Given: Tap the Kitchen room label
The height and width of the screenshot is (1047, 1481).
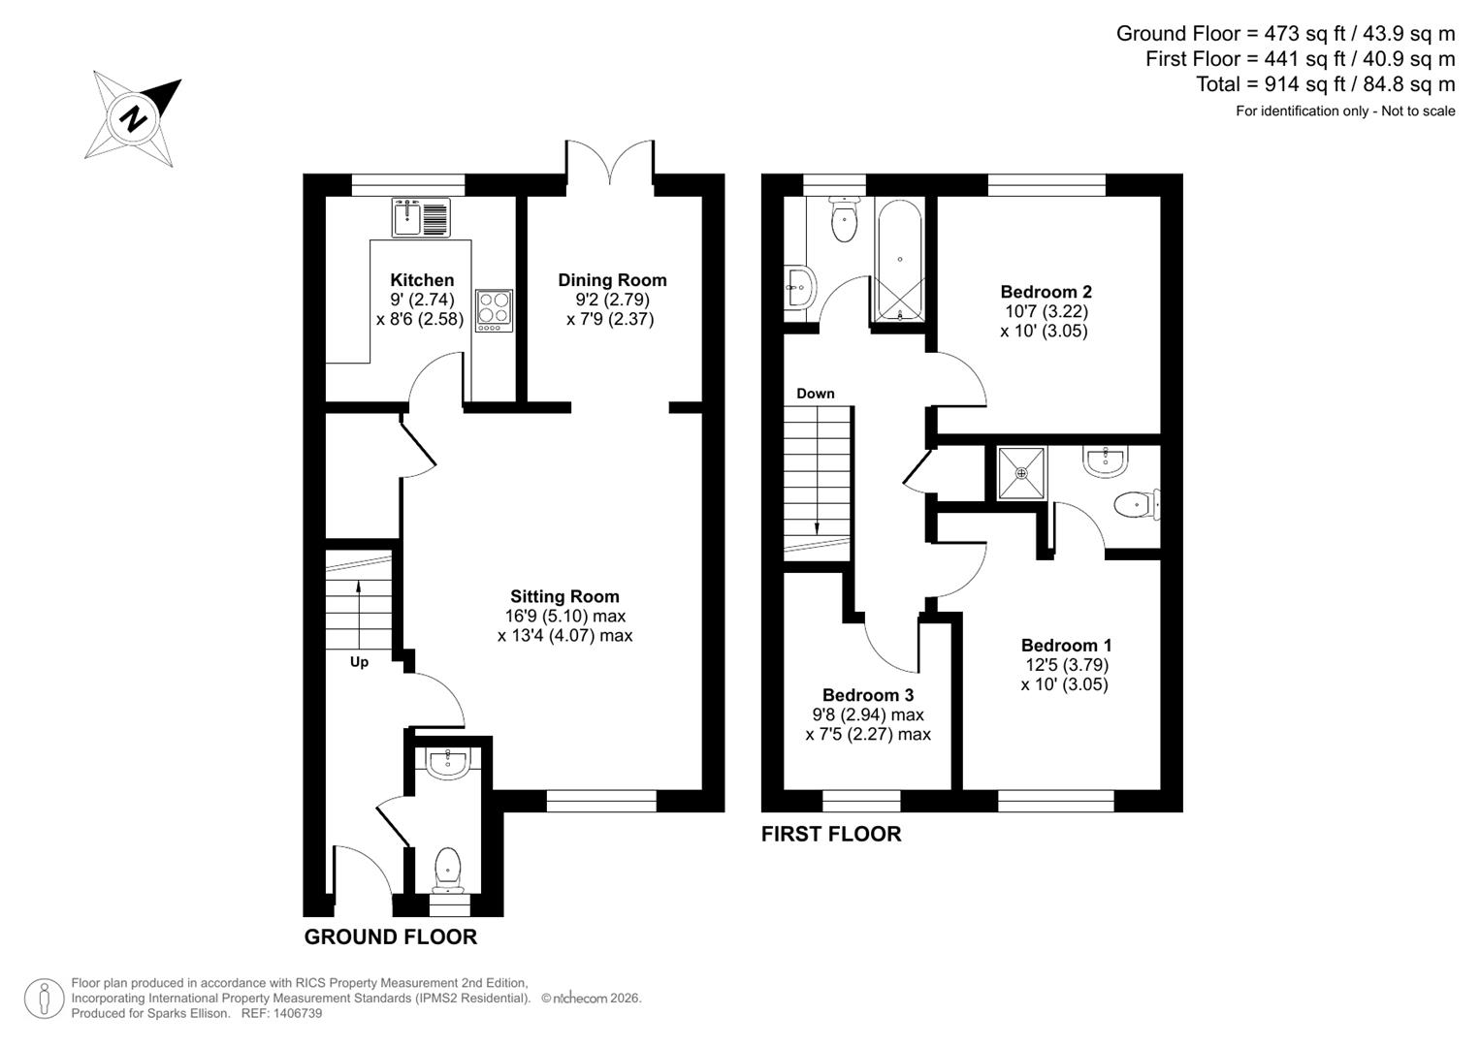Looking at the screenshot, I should pyautogui.click(x=422, y=280).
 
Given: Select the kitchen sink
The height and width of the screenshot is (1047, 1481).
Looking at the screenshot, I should pyautogui.click(x=421, y=217).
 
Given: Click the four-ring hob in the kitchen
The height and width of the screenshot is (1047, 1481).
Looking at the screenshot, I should pyautogui.click(x=494, y=310).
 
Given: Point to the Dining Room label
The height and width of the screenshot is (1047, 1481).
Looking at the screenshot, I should pyautogui.click(x=612, y=280).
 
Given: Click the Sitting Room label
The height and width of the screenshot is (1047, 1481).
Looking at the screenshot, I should pyautogui.click(x=564, y=596).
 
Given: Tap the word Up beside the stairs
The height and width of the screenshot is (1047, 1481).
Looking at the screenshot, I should pyautogui.click(x=359, y=662).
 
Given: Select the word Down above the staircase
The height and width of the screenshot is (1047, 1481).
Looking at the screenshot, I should pyautogui.click(x=815, y=394).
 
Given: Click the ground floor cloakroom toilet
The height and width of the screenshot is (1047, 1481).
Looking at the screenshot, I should pyautogui.click(x=448, y=869).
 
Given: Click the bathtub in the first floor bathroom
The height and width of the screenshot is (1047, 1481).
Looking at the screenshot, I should pyautogui.click(x=901, y=260).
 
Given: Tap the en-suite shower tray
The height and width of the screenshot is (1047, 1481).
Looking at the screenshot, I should pyautogui.click(x=1022, y=473).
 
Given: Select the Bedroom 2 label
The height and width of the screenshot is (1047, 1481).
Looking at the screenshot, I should pyautogui.click(x=1046, y=292).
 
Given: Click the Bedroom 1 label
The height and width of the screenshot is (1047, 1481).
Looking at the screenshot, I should pyautogui.click(x=1066, y=646).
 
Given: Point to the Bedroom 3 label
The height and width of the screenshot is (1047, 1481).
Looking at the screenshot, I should pyautogui.click(x=867, y=695).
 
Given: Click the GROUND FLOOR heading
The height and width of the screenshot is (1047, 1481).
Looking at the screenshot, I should pyautogui.click(x=391, y=936).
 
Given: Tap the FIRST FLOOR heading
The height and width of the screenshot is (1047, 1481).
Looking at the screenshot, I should pyautogui.click(x=831, y=834).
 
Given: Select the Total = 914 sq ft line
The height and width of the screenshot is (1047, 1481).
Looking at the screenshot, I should pyautogui.click(x=1325, y=84).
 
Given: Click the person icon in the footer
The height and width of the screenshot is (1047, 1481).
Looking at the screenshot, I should pyautogui.click(x=44, y=999).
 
